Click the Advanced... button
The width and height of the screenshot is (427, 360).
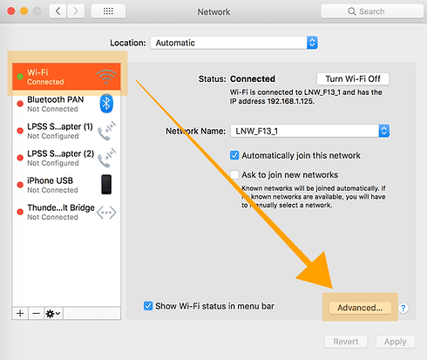click(360, 308)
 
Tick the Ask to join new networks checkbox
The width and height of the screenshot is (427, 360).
click(234, 174)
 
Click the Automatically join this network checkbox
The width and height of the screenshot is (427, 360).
click(234, 155)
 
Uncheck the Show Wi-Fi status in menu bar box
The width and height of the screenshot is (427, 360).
click(148, 306)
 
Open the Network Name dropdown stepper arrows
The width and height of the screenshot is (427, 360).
click(384, 131)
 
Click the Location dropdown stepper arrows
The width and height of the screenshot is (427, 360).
click(312, 43)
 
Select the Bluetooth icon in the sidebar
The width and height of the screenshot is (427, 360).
click(106, 104)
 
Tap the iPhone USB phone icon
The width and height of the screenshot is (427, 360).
click(106, 184)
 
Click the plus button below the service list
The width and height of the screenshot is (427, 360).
click(20, 314)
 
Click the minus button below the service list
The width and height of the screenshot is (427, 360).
click(37, 314)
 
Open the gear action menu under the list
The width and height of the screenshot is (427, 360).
click(53, 314)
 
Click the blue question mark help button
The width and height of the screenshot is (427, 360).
click(403, 308)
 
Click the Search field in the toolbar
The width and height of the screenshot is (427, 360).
click(372, 11)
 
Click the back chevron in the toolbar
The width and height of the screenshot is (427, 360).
click(58, 11)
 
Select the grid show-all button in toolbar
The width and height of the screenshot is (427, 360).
click(108, 11)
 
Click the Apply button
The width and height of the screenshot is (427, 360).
click(396, 342)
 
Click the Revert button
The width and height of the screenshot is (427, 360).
click(346, 342)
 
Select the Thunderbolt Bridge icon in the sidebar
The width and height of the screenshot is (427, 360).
click(106, 213)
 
